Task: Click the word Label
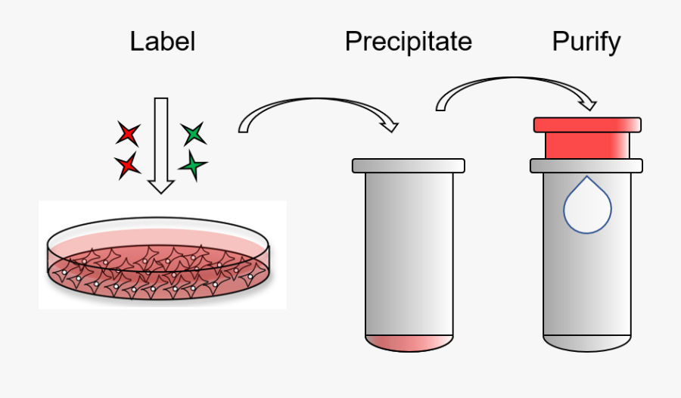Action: click(x=162, y=41)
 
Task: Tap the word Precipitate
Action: click(x=408, y=41)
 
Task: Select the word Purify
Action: click(x=586, y=41)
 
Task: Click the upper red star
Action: click(x=128, y=135)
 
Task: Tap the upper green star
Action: click(x=194, y=134)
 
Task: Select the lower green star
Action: click(x=194, y=166)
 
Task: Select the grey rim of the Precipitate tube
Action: click(x=409, y=165)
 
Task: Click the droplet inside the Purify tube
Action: click(x=587, y=206)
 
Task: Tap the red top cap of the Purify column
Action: click(x=587, y=125)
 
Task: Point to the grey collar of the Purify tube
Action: click(x=587, y=165)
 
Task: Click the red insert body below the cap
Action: click(x=587, y=145)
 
